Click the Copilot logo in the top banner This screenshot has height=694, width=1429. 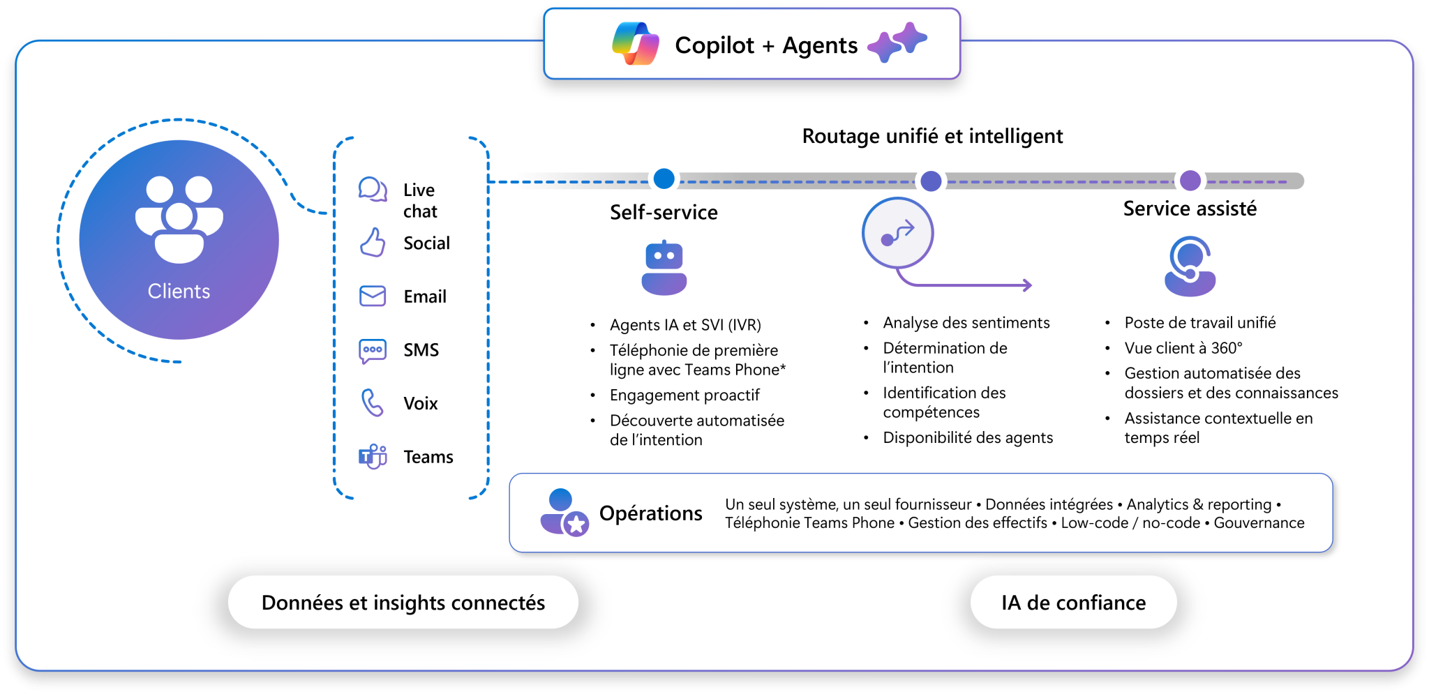pyautogui.click(x=635, y=44)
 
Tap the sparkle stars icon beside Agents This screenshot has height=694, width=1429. pyautogui.click(x=897, y=42)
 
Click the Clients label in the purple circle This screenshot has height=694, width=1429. pyautogui.click(x=179, y=291)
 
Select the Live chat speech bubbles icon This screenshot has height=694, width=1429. pyautogui.click(x=373, y=189)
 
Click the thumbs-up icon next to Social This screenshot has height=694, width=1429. pyautogui.click(x=373, y=243)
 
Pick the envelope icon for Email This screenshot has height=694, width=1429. pyautogui.click(x=373, y=296)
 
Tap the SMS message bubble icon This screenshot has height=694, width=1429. pyautogui.click(x=373, y=350)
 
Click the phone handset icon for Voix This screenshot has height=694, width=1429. pyautogui.click(x=373, y=403)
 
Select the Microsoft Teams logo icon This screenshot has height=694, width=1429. pyautogui.click(x=373, y=457)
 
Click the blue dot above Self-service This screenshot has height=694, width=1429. pyautogui.click(x=664, y=179)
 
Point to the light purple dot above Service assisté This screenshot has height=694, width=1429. pyautogui.click(x=1190, y=181)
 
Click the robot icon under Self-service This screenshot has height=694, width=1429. pyautogui.click(x=664, y=269)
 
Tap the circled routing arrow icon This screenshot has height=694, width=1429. pyautogui.click(x=897, y=233)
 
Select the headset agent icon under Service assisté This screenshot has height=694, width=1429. pyautogui.click(x=1190, y=267)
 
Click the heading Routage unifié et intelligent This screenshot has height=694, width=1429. pyautogui.click(x=932, y=136)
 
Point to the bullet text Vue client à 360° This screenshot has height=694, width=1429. pyautogui.click(x=1183, y=348)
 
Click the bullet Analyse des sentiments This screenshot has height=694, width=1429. pyautogui.click(x=966, y=323)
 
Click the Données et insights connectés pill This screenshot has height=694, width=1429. pyautogui.click(x=403, y=603)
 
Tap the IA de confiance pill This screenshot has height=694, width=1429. pyautogui.click(x=1073, y=603)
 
